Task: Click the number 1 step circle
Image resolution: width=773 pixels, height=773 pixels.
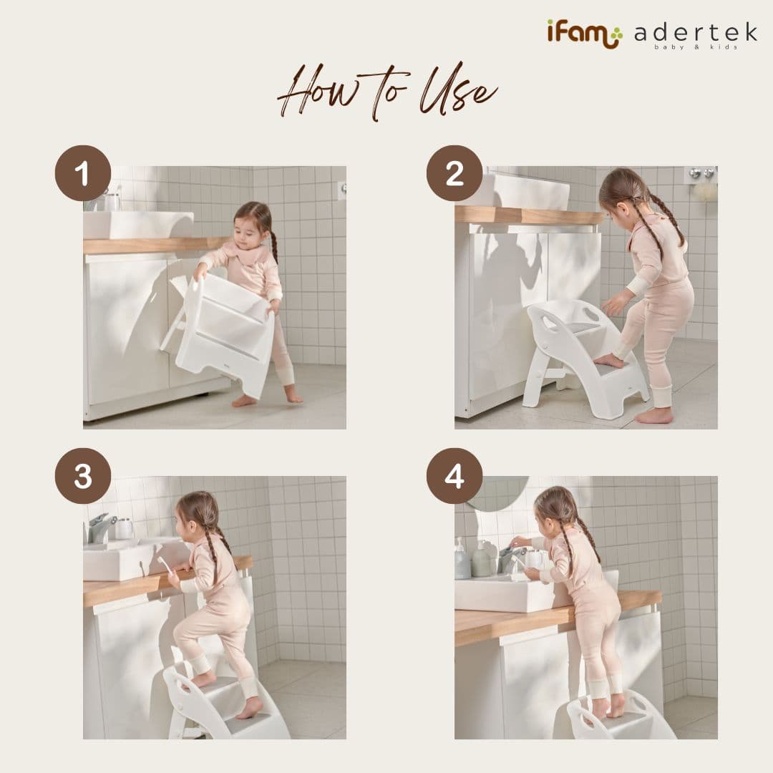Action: [x=83, y=173]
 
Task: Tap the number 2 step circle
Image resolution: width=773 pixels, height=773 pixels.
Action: [x=454, y=173]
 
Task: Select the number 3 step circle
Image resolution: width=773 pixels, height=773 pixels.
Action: [x=83, y=476]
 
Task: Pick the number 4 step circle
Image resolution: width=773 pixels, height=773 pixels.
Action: [x=454, y=476]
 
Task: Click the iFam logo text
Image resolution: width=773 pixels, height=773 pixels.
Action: [x=584, y=34]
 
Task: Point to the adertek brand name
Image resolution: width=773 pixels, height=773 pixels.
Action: [x=695, y=33]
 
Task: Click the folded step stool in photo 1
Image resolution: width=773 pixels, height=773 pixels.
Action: [x=222, y=333]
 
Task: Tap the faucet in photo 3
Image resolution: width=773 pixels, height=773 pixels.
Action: [x=101, y=528]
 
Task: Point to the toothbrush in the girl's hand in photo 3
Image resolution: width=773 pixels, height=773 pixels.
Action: [x=165, y=565]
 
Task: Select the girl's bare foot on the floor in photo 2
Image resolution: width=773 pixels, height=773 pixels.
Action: [x=654, y=415]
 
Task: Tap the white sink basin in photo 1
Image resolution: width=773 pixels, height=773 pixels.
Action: [x=136, y=224]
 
